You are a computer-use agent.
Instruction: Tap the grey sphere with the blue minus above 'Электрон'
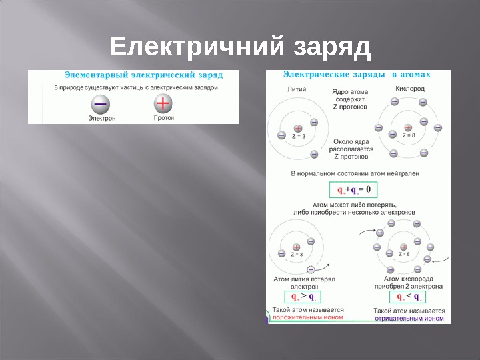[x=101, y=104]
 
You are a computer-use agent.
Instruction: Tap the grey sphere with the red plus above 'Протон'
[x=163, y=104]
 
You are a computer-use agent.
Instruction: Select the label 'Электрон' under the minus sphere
[x=101, y=118]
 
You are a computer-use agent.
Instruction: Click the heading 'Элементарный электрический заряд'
[x=143, y=75]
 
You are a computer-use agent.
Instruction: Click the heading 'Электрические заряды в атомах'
[x=357, y=75]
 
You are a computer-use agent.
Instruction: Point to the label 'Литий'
[x=296, y=88]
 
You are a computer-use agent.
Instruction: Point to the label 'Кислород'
[x=410, y=88]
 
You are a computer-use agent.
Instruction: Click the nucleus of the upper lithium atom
[x=297, y=128]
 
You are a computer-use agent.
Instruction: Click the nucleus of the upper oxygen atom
[x=408, y=127]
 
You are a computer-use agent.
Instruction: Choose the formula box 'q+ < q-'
[x=408, y=296]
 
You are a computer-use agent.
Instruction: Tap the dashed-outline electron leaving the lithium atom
[x=311, y=269]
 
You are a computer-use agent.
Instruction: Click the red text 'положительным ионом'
[x=307, y=318]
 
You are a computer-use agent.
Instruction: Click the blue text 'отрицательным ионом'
[x=409, y=319]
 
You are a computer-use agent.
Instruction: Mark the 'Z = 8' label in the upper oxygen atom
[x=409, y=135]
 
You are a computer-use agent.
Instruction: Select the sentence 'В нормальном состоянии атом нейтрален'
[x=355, y=173]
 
